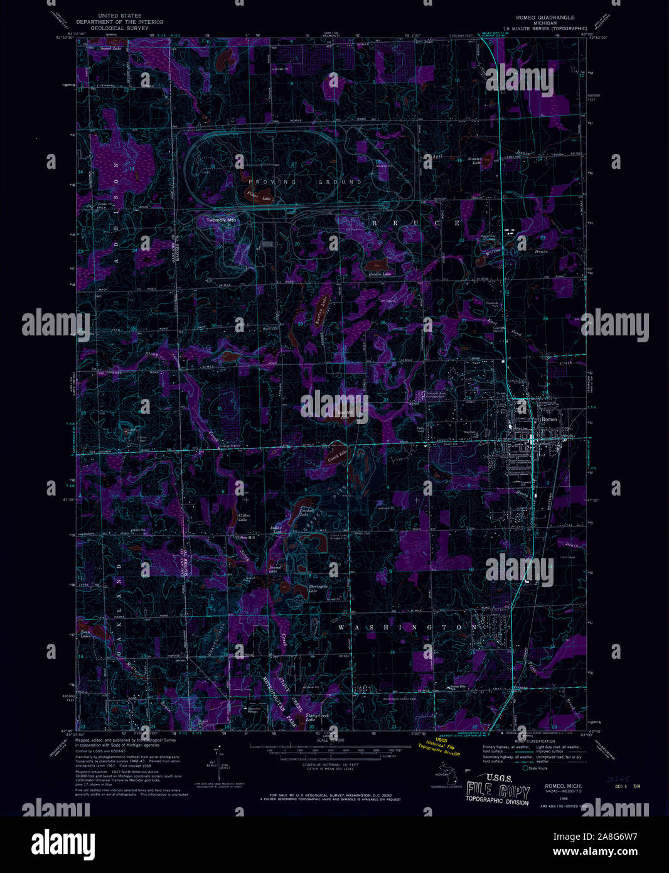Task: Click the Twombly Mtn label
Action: pyautogui.click(x=222, y=220)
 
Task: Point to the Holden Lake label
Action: pyautogui.click(x=379, y=274)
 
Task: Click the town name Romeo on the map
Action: pyautogui.click(x=549, y=419)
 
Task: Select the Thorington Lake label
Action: pyautogui.click(x=317, y=588)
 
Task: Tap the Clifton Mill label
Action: pyautogui.click(x=244, y=538)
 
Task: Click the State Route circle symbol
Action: pyautogui.click(x=525, y=768)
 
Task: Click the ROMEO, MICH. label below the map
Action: pyautogui.click(x=563, y=786)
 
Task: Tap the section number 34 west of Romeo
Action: pyautogui.click(x=468, y=398)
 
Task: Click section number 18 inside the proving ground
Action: pyautogui.click(x=213, y=166)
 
